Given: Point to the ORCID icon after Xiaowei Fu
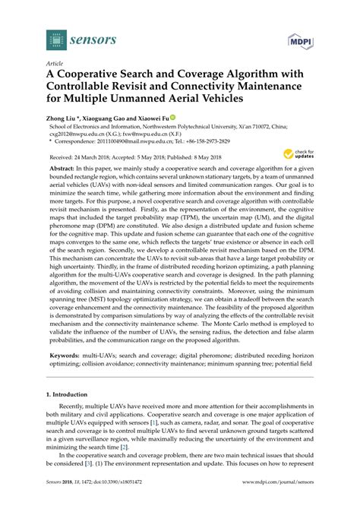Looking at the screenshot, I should tap(172, 119).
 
